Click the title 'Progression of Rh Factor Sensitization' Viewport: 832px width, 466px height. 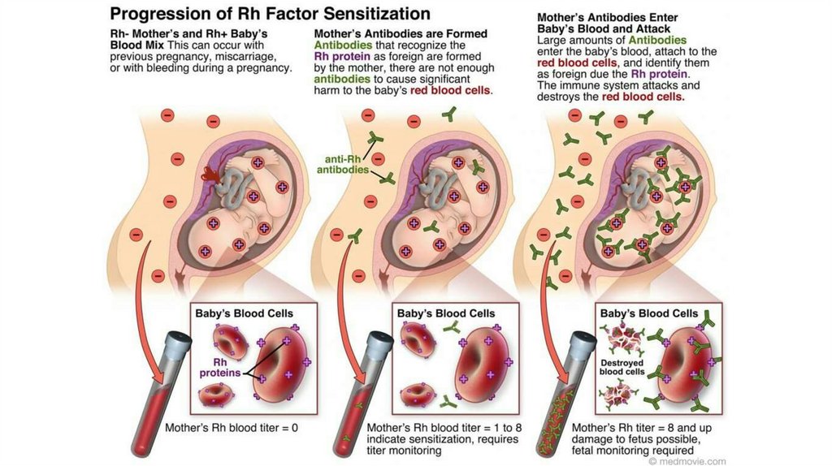point(270,14)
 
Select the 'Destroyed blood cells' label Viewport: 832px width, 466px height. point(622,367)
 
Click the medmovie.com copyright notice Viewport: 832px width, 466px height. point(687,460)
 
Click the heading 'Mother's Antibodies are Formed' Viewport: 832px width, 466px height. point(401,33)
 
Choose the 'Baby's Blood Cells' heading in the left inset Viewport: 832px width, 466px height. point(244,313)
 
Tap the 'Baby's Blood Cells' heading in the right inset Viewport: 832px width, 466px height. point(648,313)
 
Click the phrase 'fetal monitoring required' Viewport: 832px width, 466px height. point(633,450)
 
